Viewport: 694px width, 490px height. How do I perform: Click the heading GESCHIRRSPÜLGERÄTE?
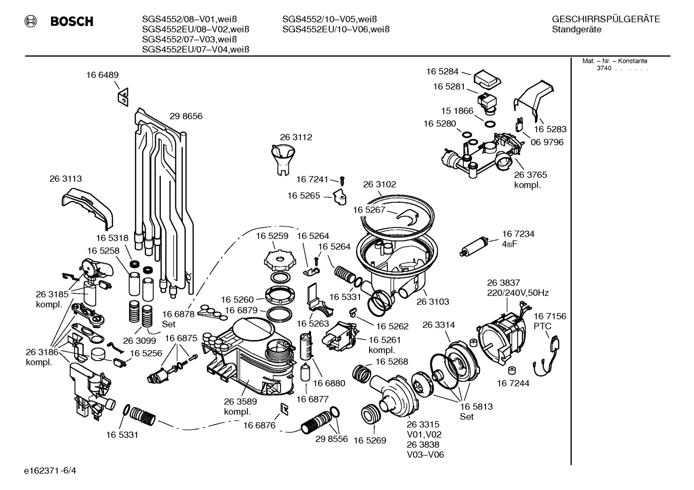605,19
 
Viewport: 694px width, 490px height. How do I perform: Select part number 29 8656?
186,116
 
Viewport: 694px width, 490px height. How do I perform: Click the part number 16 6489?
103,75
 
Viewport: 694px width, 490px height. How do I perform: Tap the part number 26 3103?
433,302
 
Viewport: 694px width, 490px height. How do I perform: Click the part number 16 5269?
370,440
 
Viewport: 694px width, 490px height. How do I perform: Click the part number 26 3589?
240,402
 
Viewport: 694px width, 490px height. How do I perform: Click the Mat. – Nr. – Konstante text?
615,61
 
